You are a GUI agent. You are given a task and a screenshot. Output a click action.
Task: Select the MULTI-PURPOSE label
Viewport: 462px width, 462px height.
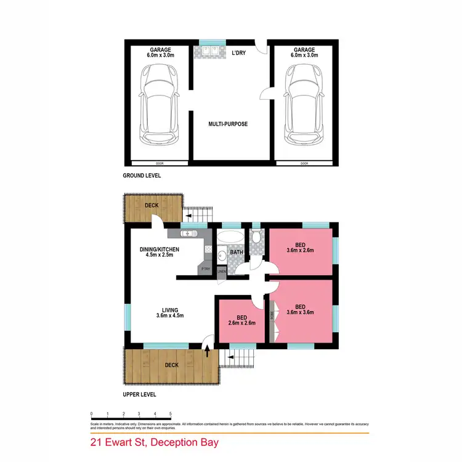pyautogui.click(x=228, y=124)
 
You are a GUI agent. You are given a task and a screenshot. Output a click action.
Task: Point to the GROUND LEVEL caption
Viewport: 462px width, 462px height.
pyautogui.click(x=141, y=176)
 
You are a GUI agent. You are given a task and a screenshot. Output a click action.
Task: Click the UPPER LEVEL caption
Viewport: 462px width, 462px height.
pyautogui.click(x=139, y=394)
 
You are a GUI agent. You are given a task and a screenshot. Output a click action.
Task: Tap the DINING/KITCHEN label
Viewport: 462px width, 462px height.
pyautogui.click(x=159, y=249)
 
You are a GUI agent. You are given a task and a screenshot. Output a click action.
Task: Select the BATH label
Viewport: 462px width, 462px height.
pyautogui.click(x=237, y=252)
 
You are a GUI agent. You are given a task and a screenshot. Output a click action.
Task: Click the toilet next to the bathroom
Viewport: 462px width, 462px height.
pyautogui.click(x=256, y=237)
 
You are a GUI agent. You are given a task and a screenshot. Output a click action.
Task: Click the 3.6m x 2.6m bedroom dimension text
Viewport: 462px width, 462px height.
pyautogui.click(x=300, y=250)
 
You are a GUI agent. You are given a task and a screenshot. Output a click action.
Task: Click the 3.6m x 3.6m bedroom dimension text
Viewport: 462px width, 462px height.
pyautogui.click(x=300, y=312)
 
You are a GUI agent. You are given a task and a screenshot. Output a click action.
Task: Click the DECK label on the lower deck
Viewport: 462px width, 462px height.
pyautogui.click(x=171, y=365)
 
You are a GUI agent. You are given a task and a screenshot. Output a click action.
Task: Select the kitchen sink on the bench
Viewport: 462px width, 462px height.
pyautogui.click(x=188, y=233)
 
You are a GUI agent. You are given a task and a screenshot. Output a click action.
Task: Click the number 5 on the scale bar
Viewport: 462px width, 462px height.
pyautogui.click(x=171, y=414)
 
